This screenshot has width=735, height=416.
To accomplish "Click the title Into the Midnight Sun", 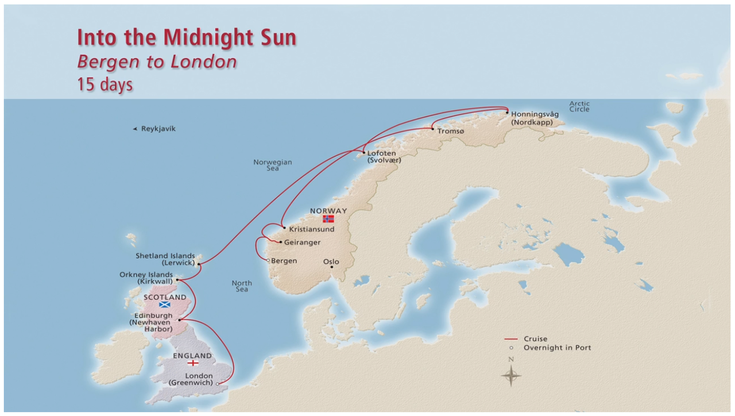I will click(187, 37).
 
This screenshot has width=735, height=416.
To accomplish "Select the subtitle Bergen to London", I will click(157, 61).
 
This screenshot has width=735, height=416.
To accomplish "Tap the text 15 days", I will click(105, 84).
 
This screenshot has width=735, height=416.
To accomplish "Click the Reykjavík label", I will click(158, 129).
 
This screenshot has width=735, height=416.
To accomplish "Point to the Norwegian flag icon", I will click(328, 219).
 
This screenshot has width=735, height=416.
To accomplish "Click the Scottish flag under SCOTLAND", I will click(165, 305).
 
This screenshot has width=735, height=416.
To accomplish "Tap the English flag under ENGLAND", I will click(193, 363).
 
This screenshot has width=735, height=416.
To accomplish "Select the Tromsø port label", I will click(450, 131).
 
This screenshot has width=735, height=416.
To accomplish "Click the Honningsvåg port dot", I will click(507, 113).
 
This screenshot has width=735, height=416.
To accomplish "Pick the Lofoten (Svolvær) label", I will click(384, 156).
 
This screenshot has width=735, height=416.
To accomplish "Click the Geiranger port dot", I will click(280, 242).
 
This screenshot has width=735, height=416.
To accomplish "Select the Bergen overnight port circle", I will click(268, 260).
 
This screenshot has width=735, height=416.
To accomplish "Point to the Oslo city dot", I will click(331, 267).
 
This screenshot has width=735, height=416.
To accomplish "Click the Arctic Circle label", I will click(579, 106).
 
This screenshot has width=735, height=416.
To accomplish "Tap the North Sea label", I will click(242, 286).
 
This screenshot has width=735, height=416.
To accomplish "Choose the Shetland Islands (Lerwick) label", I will click(165, 259).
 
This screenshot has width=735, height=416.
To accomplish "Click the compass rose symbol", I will click(510, 376).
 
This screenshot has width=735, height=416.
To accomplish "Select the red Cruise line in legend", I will click(510, 339).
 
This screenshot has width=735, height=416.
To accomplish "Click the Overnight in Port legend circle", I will click(510, 348).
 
